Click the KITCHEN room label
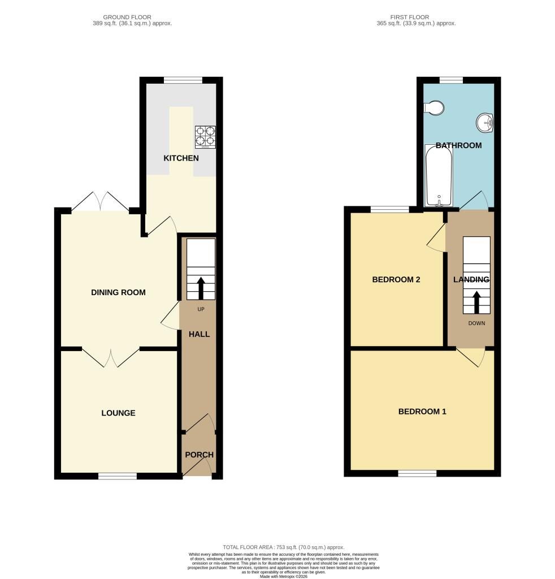point(181,158)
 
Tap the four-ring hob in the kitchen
point(206,137)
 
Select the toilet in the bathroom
point(433,108)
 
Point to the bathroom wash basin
point(485,122)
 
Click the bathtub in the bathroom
point(439,176)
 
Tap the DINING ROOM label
point(118,292)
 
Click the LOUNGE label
point(118,413)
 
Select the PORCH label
point(200,455)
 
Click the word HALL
point(200,334)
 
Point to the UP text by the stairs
point(201,309)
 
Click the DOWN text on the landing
point(476,323)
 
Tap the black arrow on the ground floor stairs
point(201,288)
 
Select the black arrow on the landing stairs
point(476,303)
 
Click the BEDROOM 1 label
point(422,412)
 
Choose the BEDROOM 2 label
point(396,279)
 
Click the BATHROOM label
point(459,145)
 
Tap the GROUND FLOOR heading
point(127,17)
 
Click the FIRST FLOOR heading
point(410,17)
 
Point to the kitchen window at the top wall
point(183,80)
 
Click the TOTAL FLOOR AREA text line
point(283,547)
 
